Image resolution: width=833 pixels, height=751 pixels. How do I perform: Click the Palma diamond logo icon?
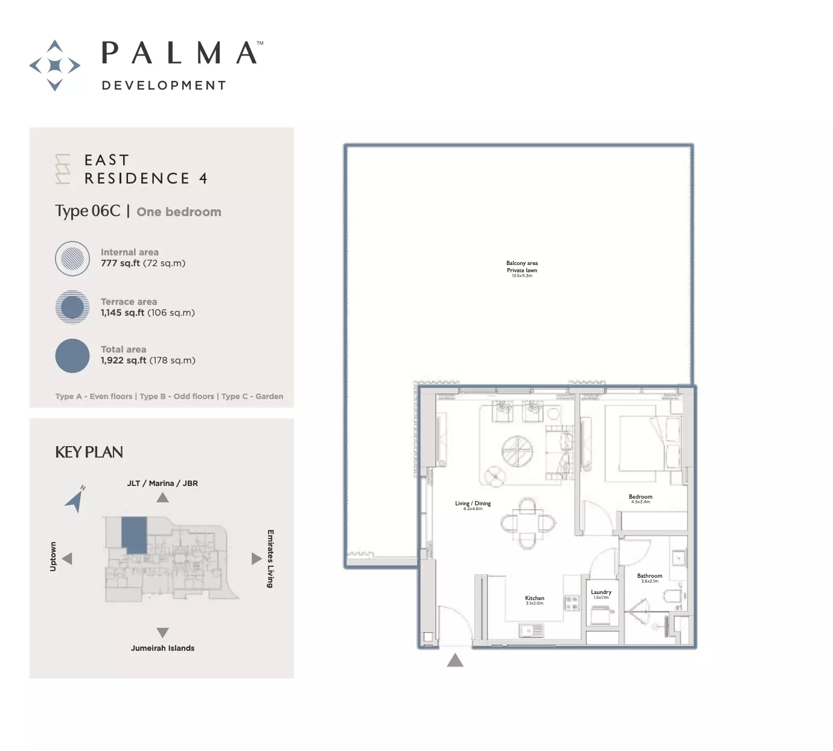[55, 65]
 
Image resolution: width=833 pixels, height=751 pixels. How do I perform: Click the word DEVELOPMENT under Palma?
[164, 86]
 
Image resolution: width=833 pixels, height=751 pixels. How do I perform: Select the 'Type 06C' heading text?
[88, 211]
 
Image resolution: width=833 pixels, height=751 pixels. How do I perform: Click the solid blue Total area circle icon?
[72, 356]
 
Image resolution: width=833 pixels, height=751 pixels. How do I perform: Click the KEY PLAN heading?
[89, 452]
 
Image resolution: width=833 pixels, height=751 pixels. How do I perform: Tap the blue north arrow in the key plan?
[75, 499]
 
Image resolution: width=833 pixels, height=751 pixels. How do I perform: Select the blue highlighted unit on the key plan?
[134, 535]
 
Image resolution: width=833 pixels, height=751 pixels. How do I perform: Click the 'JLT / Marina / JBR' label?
[162, 484]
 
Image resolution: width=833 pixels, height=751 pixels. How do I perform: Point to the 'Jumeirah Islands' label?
[163, 648]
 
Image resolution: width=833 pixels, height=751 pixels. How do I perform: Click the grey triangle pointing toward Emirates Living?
[256, 559]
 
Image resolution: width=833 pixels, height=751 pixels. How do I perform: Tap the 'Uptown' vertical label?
[53, 556]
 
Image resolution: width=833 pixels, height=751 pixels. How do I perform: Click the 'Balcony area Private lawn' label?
[522, 267]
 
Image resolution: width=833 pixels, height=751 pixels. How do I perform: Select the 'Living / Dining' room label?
[473, 503]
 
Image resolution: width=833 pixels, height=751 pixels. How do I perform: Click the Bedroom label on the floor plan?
[640, 497]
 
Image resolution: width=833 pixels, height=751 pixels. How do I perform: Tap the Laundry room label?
[601, 592]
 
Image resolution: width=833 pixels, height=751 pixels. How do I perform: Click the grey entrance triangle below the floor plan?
[455, 660]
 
